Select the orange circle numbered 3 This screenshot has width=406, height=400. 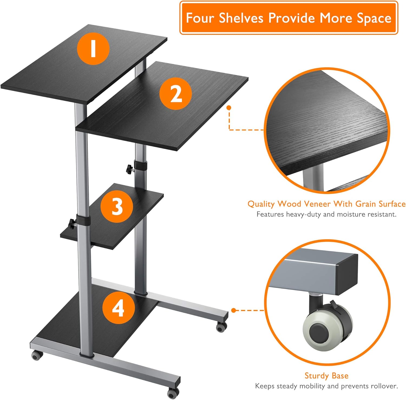pyautogui.click(x=117, y=206)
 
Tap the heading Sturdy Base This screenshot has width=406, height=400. pyautogui.click(x=326, y=376)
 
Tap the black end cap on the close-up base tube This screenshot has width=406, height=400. pyautogui.click(x=348, y=275)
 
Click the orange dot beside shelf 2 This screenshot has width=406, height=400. pyautogui.click(x=229, y=108)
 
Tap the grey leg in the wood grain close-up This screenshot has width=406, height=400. pyautogui.click(x=313, y=177)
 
